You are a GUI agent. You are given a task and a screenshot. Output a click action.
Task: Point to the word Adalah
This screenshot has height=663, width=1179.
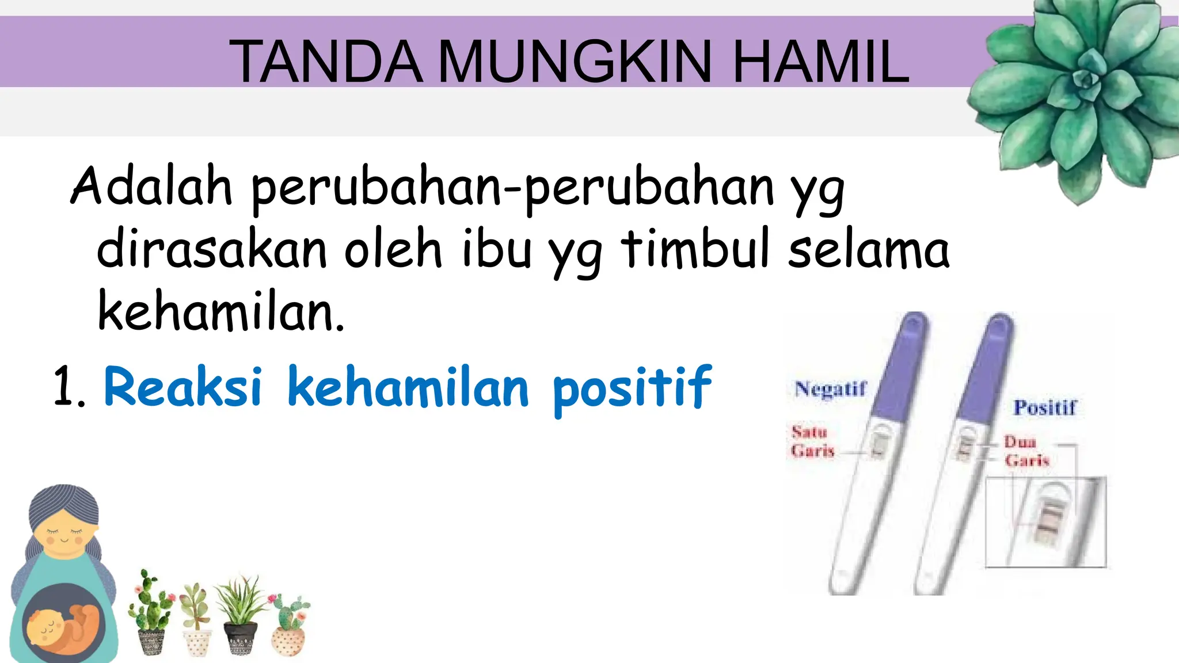click(x=151, y=186)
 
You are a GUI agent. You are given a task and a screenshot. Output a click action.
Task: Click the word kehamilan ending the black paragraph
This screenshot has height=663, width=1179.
click(x=220, y=312)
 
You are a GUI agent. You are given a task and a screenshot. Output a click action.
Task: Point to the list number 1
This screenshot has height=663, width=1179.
click(x=68, y=388)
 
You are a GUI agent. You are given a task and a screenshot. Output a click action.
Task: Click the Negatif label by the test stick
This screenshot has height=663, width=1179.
click(x=830, y=389)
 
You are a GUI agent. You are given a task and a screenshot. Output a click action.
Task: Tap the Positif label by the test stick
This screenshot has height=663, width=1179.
click(x=1045, y=407)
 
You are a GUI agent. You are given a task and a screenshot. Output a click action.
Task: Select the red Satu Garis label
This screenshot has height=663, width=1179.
click(x=812, y=441)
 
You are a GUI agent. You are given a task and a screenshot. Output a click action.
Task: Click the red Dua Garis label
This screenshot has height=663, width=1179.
click(x=1026, y=451)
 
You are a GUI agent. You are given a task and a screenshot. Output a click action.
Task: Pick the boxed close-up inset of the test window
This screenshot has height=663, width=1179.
click(x=1045, y=522)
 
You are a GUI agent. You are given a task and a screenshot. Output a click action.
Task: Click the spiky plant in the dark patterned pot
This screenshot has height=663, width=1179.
click(x=240, y=616)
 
